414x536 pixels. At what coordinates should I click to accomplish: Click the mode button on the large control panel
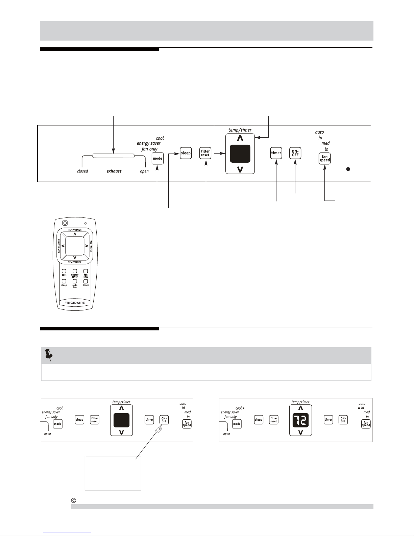157,158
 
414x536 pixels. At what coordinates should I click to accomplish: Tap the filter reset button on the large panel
205,153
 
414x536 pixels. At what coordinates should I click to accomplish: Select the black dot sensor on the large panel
348,169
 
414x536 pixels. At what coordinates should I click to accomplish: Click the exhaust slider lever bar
113,156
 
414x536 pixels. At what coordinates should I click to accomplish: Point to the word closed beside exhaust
82,171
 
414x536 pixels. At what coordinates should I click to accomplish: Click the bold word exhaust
114,171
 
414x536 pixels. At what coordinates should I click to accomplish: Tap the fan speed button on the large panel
324,158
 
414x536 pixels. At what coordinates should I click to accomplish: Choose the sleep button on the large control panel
186,153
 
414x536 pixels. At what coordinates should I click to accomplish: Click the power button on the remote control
65,223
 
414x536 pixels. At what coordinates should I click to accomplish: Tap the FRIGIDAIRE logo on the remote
75,303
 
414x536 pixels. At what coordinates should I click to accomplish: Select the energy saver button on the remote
75,271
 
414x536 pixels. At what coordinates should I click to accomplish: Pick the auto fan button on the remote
75,281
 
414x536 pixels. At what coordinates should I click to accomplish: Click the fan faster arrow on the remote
87,246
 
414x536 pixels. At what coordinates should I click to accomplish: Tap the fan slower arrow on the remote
63,246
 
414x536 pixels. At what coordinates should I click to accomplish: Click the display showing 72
300,420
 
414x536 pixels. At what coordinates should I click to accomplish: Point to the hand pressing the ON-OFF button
159,429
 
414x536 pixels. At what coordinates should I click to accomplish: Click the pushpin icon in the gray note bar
49,355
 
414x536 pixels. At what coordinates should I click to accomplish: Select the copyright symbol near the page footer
73,500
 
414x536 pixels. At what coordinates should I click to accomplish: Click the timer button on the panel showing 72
328,420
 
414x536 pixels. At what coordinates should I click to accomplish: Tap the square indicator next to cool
243,408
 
